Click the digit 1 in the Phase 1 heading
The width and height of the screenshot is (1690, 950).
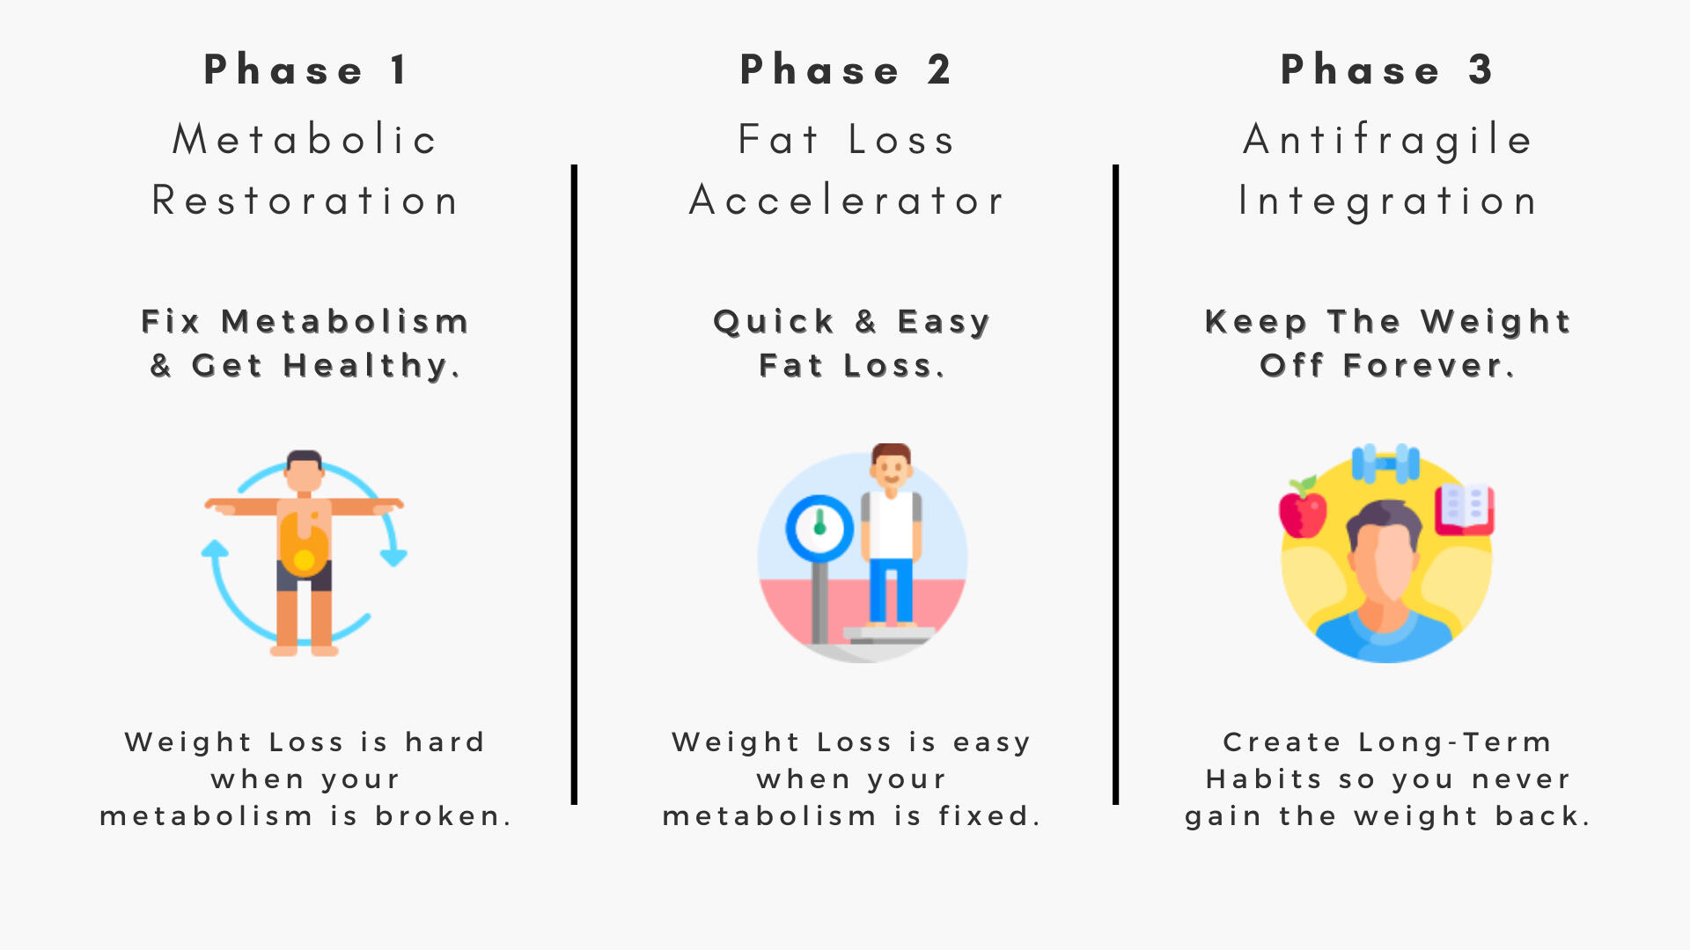(x=399, y=69)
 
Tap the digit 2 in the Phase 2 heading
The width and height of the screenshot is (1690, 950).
(x=939, y=69)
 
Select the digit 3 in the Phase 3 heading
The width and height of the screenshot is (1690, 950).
(x=1481, y=69)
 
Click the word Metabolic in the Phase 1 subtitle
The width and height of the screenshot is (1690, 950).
(x=305, y=139)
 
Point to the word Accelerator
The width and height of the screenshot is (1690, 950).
(x=846, y=201)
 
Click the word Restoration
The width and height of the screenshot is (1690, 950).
(x=305, y=201)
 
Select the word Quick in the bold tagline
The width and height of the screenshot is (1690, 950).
(x=774, y=322)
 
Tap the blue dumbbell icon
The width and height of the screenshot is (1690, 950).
(x=1385, y=464)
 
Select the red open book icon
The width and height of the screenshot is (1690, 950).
(x=1464, y=509)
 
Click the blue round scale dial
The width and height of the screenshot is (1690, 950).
(x=819, y=529)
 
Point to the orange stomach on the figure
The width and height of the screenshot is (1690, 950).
(x=304, y=544)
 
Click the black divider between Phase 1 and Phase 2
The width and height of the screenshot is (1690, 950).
(x=574, y=485)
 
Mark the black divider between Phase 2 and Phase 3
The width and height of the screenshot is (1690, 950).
(x=1115, y=485)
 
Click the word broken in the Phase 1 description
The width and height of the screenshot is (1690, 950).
(x=438, y=816)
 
